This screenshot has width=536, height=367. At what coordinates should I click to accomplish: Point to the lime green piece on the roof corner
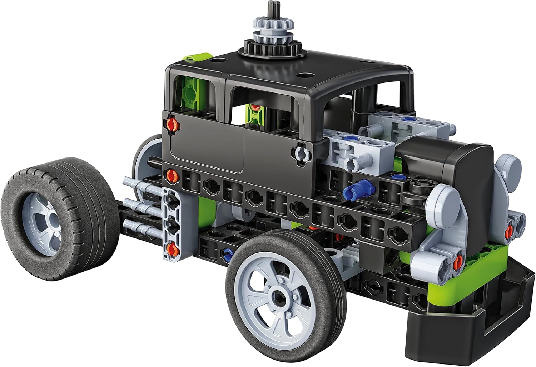(196, 57)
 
